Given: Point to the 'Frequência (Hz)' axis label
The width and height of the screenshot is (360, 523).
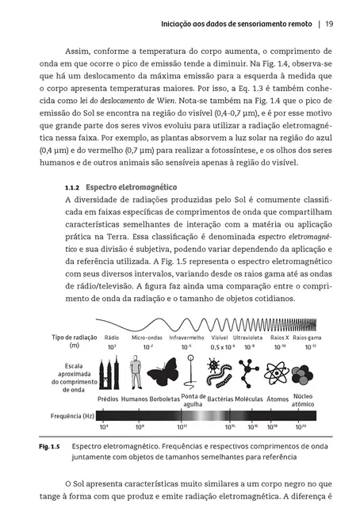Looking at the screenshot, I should [71, 415].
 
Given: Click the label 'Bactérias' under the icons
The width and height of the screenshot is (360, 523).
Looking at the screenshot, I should [218, 398].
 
